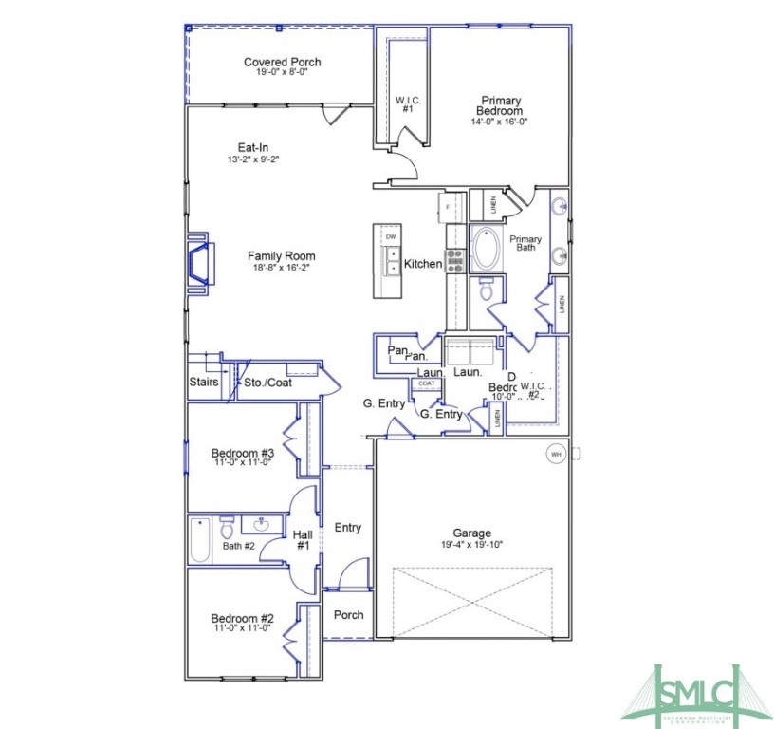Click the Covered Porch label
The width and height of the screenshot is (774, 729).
tap(282, 63)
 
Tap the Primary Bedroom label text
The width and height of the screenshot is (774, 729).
tap(499, 105)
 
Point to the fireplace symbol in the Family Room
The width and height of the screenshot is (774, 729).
tap(199, 261)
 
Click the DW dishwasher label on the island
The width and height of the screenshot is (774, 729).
tap(391, 235)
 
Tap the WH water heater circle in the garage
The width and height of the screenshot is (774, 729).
tap(556, 455)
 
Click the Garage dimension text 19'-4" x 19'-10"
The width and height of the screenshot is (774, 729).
tap(471, 545)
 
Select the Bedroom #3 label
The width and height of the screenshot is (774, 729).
tap(242, 453)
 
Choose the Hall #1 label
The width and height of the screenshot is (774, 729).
tap(303, 540)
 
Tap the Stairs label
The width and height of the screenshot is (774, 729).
tap(204, 383)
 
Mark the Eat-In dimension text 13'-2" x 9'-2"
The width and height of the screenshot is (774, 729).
tap(252, 159)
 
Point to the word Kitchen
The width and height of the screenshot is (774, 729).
tap(423, 264)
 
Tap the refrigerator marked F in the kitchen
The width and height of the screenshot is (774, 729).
tap(450, 206)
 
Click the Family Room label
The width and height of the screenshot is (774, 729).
tap(281, 256)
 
